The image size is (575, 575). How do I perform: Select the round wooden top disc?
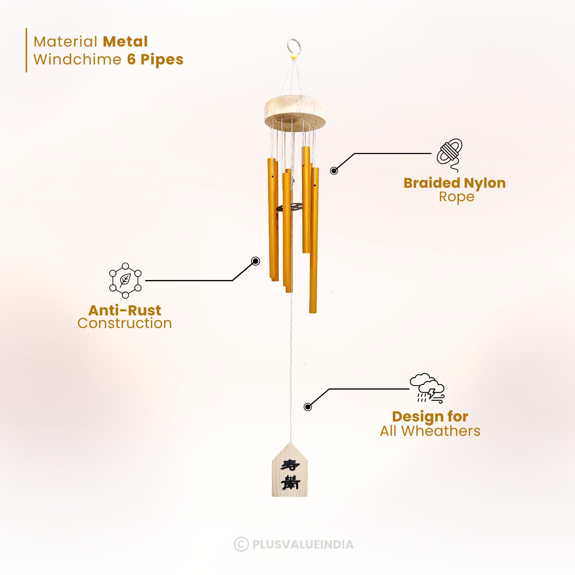pyautogui.click(x=295, y=110)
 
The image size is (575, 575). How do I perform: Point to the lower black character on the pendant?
pyautogui.click(x=291, y=482)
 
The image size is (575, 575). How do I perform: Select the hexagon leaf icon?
pyautogui.click(x=125, y=280)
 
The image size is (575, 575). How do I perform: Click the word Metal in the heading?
pyautogui.click(x=125, y=42)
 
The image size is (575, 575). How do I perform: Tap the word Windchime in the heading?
pyautogui.click(x=77, y=60)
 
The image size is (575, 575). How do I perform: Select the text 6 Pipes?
pyautogui.click(x=155, y=60)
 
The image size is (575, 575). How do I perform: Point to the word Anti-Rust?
pyautogui.click(x=125, y=310)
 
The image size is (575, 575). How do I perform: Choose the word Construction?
pyautogui.click(x=125, y=323)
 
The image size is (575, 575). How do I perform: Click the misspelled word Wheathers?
pyautogui.click(x=441, y=431)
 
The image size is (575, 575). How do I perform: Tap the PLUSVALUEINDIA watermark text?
pyautogui.click(x=303, y=544)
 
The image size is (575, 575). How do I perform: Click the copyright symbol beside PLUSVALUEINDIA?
pyautogui.click(x=241, y=544)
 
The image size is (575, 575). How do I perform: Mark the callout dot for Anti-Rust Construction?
pyautogui.click(x=255, y=261)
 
